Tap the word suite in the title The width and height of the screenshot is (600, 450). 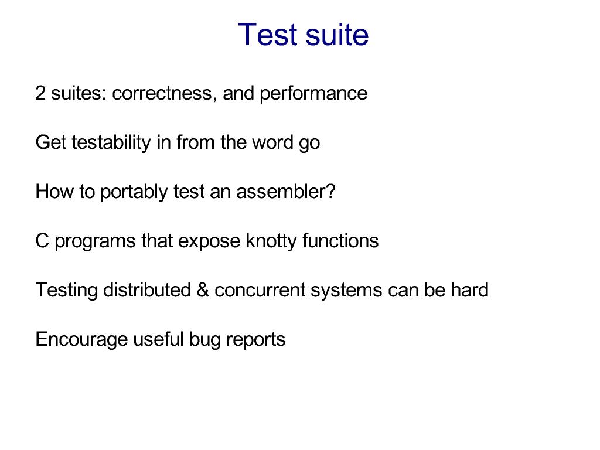337,35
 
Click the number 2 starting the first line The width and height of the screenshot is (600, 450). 40,93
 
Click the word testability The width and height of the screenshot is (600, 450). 111,143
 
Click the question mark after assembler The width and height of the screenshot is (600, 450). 331,192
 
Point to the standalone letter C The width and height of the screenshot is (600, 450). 42,241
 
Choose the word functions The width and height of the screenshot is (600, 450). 340,241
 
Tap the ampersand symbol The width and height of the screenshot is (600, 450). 202,289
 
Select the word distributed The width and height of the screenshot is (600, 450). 147,289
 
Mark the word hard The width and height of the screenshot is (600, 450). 469,289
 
